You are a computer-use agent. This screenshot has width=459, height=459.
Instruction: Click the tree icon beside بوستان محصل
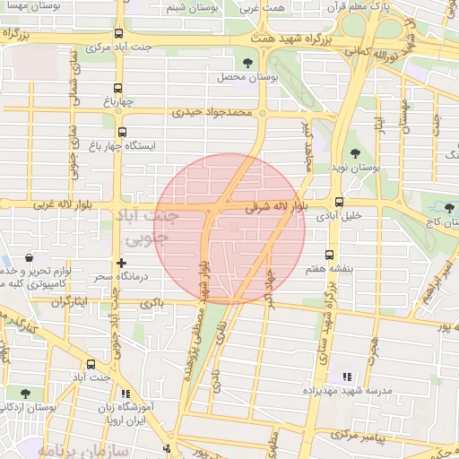pyautogui.click(x=247, y=62)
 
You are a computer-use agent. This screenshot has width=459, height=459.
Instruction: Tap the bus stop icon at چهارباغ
pyautogui.click(x=117, y=89)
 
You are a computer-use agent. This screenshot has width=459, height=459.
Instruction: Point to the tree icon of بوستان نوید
pyautogui.click(x=355, y=153)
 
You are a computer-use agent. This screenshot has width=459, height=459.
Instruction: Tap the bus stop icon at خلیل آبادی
pyautogui.click(x=338, y=202)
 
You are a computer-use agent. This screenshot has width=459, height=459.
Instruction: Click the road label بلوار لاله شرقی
pyautogui.click(x=274, y=207)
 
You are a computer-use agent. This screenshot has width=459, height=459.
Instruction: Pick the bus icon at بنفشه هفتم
pyautogui.click(x=329, y=255)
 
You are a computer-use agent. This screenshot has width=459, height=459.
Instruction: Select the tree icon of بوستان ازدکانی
pyautogui.click(x=24, y=394)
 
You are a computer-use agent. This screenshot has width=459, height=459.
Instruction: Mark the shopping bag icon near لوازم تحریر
pyautogui.click(x=30, y=257)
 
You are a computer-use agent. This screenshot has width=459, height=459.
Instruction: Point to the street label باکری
pyautogui.click(x=152, y=305)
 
